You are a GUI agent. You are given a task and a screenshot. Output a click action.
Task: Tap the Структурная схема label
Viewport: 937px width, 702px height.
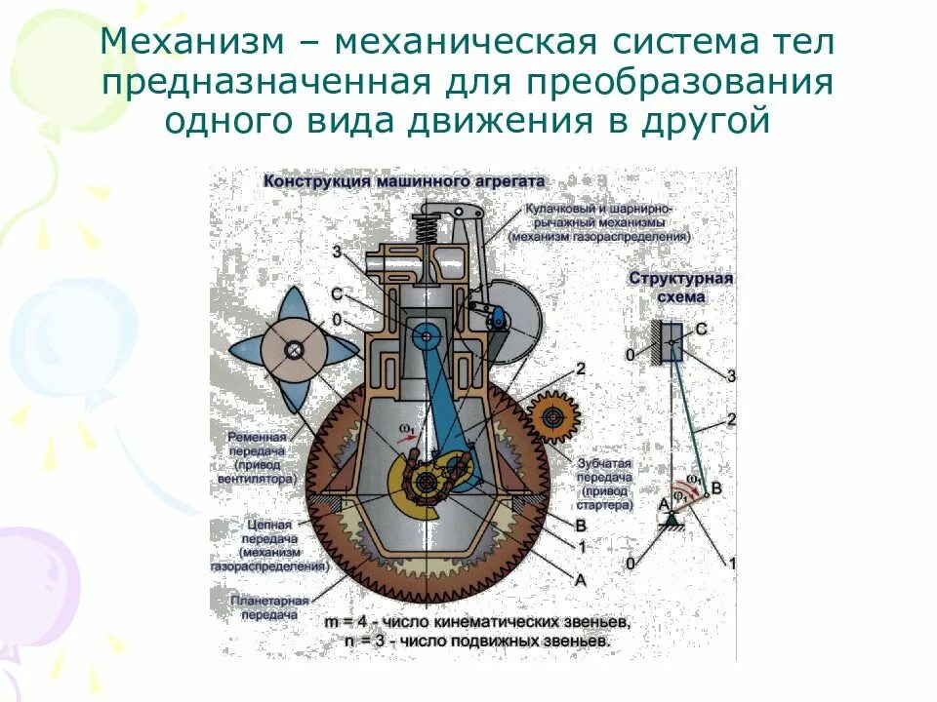[x=681, y=287]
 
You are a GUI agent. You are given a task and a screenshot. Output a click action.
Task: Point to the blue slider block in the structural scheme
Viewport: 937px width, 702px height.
[x=672, y=340]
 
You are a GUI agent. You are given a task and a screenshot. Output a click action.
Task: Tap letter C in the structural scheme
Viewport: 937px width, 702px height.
[x=701, y=330]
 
